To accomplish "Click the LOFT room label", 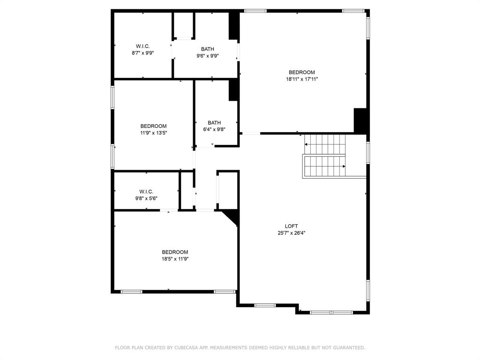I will (x=291, y=226).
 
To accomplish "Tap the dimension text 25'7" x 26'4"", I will (x=291, y=233).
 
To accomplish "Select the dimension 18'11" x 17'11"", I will (x=302, y=79).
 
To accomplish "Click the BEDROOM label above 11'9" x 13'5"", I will (x=153, y=126).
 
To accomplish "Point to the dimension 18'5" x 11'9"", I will (x=175, y=259).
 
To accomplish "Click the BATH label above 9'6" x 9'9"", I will (x=208, y=49).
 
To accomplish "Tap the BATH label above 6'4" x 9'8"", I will (x=214, y=123).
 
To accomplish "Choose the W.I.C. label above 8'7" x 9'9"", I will (x=143, y=46).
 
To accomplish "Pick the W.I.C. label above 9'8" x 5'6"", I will (x=146, y=191).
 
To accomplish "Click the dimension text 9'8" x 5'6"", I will (x=146, y=198).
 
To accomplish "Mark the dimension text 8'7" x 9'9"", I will (x=143, y=53).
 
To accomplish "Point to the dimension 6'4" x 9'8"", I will (x=214, y=130).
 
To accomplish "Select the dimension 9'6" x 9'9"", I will (x=208, y=56).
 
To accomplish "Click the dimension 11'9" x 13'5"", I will (x=153, y=133).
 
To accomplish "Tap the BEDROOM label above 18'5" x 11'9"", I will (x=175, y=252).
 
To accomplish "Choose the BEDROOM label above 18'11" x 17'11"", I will (x=302, y=72).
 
